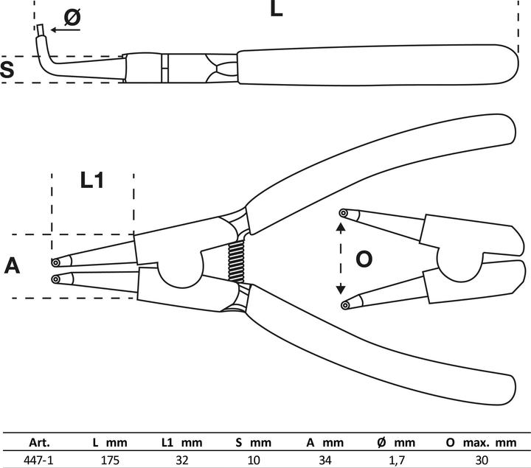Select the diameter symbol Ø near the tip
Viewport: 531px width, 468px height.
tap(72, 18)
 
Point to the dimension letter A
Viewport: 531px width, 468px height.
tap(12, 265)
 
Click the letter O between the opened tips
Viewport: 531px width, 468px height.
tap(364, 259)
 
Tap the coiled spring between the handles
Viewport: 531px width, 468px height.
tap(236, 262)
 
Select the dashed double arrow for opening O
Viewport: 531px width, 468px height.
tap(341, 259)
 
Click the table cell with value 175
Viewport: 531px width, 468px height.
tap(110, 459)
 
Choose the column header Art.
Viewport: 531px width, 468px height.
tap(39, 443)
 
